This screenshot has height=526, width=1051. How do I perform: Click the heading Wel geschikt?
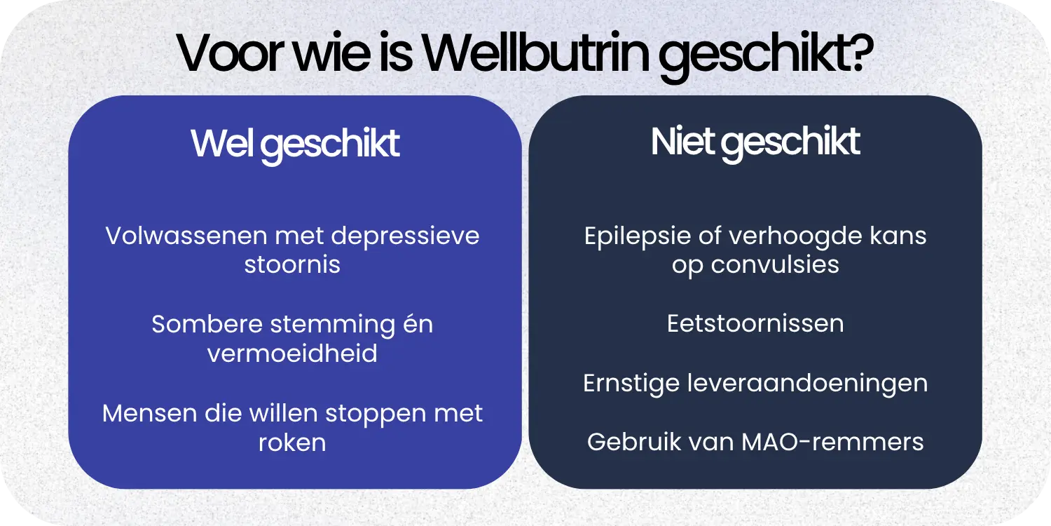(x=295, y=144)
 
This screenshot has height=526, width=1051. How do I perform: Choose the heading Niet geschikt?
(x=755, y=142)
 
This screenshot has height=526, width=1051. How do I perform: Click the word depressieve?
(x=405, y=236)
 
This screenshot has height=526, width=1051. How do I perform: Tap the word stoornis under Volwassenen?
(x=292, y=265)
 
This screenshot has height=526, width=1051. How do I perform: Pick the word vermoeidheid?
(x=292, y=353)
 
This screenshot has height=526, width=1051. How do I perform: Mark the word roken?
(x=292, y=443)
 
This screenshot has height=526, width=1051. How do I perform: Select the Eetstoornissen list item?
(x=755, y=324)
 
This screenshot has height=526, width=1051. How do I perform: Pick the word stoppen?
(x=376, y=414)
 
